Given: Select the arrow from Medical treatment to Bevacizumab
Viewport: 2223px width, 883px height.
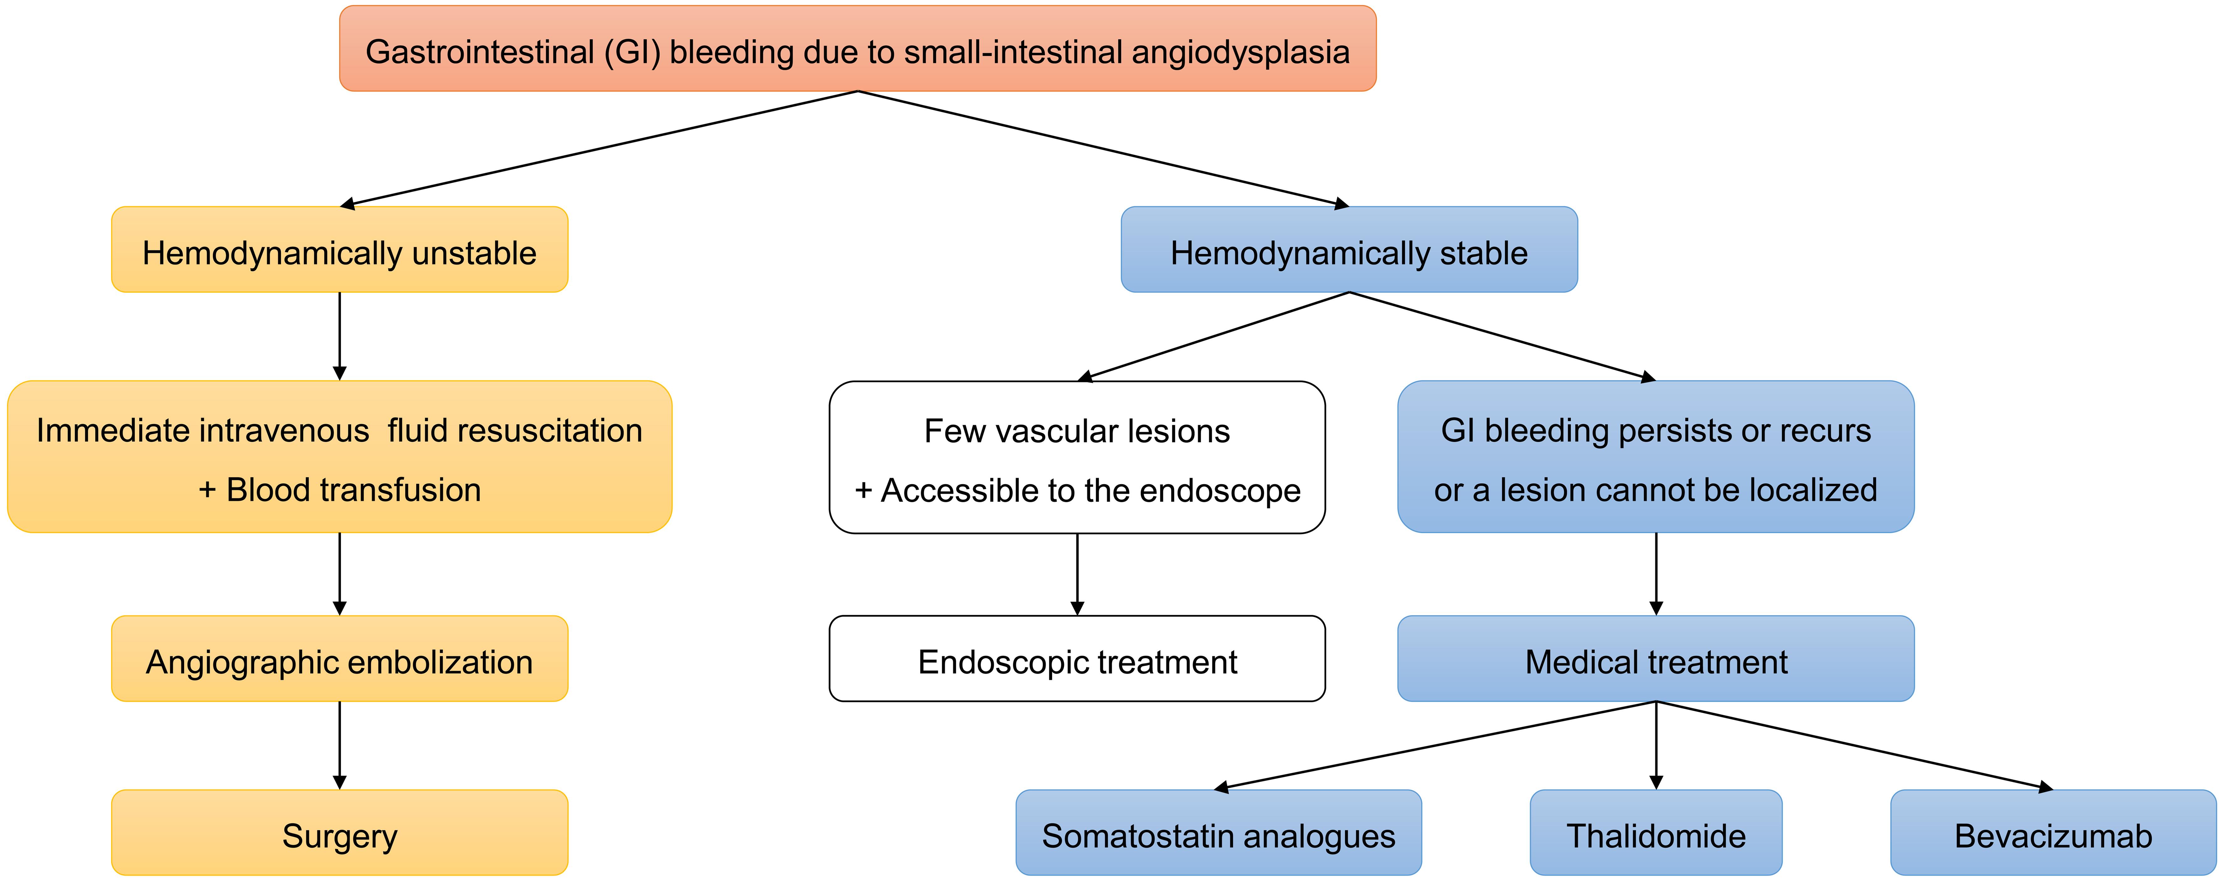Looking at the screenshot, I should point(1855,745).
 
